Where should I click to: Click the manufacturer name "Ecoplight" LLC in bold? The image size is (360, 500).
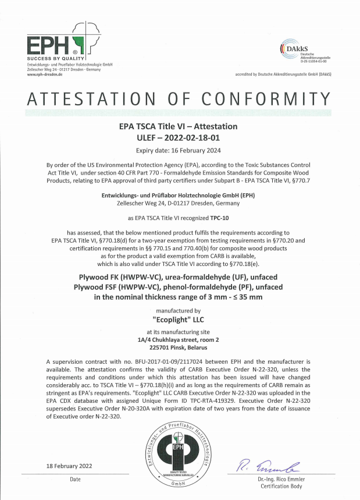pyautogui.click(x=179, y=320)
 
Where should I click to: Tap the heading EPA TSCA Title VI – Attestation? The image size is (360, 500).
pyautogui.click(x=179, y=126)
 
